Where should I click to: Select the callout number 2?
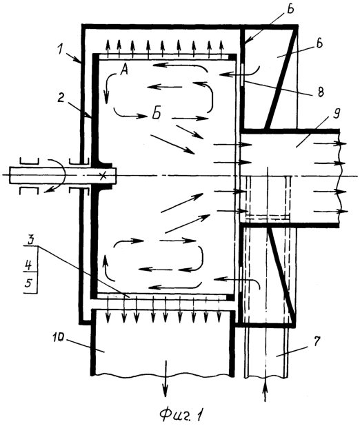tap(61, 99)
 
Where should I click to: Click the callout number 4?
tap(29, 265)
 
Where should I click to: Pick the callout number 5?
tap(29, 283)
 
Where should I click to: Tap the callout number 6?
tap(319, 44)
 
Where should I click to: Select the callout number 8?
tap(321, 92)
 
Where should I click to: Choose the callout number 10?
tap(59, 338)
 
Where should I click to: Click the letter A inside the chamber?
tap(123, 71)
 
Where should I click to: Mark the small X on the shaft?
tap(103, 176)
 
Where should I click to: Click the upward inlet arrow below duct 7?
tap(266, 393)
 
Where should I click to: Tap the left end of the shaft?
tap(10, 175)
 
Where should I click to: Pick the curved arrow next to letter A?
tap(109, 88)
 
